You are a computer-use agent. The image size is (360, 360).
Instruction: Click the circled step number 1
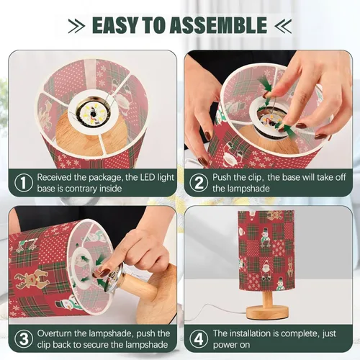tap(24, 183)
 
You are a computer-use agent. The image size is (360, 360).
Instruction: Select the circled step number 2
tap(199, 183)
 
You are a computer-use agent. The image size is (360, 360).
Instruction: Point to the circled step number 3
tap(24, 339)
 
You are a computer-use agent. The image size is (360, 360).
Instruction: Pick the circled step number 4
tap(199, 339)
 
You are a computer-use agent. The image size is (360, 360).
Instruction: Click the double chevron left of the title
tap(76, 26)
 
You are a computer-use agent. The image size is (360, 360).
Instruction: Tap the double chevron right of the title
tap(283, 26)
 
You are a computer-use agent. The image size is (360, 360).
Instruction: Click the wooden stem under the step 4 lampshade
tap(267, 298)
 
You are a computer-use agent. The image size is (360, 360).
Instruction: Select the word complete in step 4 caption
tap(300, 334)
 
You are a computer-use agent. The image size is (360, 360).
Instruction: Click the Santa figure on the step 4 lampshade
tap(266, 271)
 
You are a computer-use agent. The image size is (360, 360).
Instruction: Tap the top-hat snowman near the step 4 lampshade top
tap(265, 235)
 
